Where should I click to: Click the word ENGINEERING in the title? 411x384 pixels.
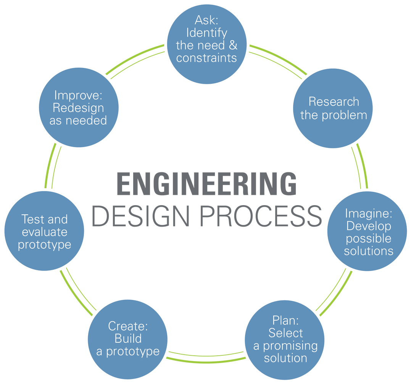(206, 184)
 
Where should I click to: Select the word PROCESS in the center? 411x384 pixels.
(261, 216)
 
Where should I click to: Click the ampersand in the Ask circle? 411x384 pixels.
(233, 45)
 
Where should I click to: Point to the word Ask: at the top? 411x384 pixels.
(206, 20)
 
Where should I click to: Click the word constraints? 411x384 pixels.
(206, 58)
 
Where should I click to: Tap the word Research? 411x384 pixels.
(334, 102)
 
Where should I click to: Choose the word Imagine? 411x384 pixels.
(369, 213)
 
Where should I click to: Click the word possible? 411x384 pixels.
(369, 239)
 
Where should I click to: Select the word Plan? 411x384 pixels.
(285, 320)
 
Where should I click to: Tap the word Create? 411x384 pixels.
(128, 326)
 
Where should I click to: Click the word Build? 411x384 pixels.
(128, 339)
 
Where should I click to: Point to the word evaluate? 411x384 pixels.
(45, 232)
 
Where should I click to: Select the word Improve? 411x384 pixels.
(78, 95)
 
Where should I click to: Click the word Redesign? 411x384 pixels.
(78, 108)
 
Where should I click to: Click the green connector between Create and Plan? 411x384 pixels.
(206, 360)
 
